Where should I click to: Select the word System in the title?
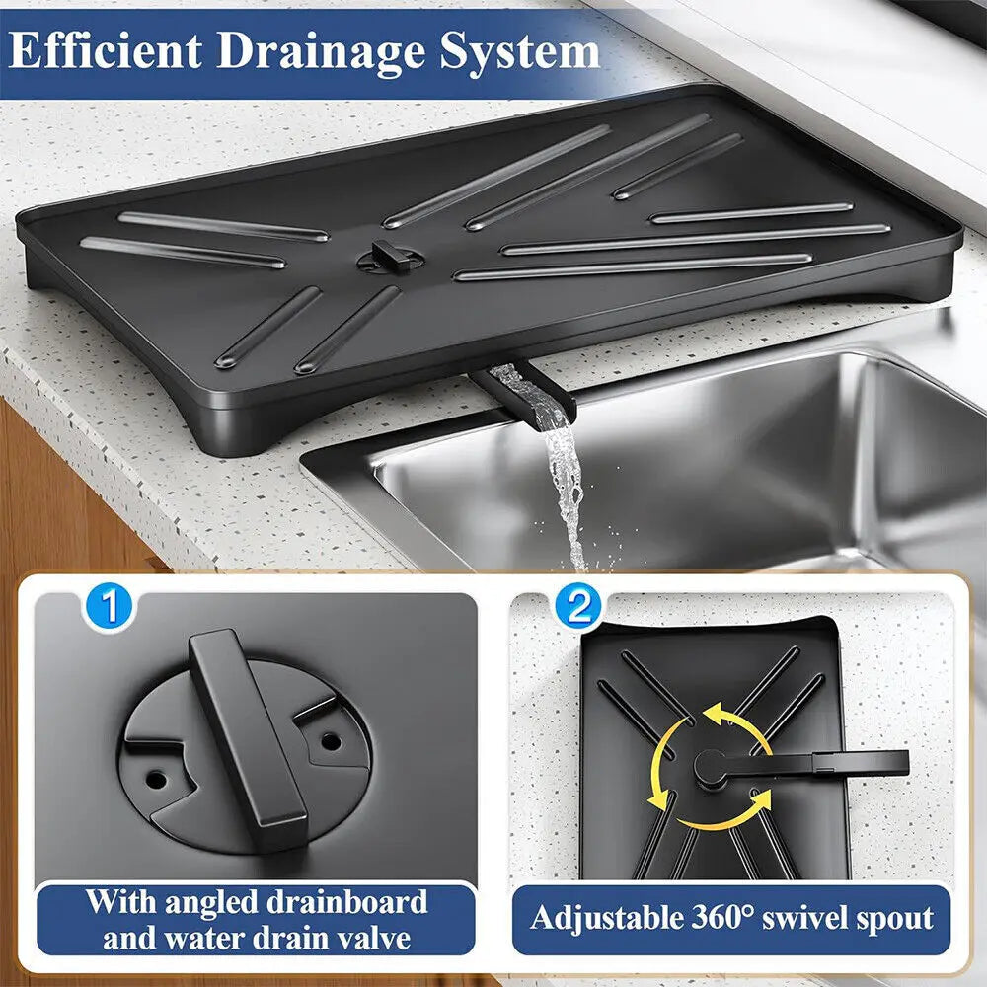(x=520, y=51)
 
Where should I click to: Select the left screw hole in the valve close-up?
(x=156, y=780)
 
